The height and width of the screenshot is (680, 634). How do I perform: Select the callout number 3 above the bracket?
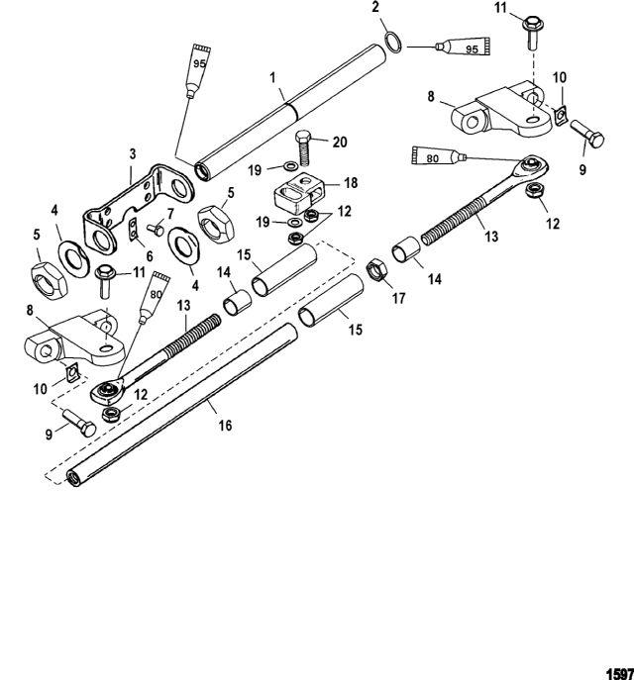point(132,154)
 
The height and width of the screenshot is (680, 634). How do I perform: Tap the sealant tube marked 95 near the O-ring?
point(459,47)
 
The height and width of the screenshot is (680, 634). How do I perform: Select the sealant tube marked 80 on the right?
point(437,155)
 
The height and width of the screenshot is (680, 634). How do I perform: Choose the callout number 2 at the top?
point(375,8)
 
